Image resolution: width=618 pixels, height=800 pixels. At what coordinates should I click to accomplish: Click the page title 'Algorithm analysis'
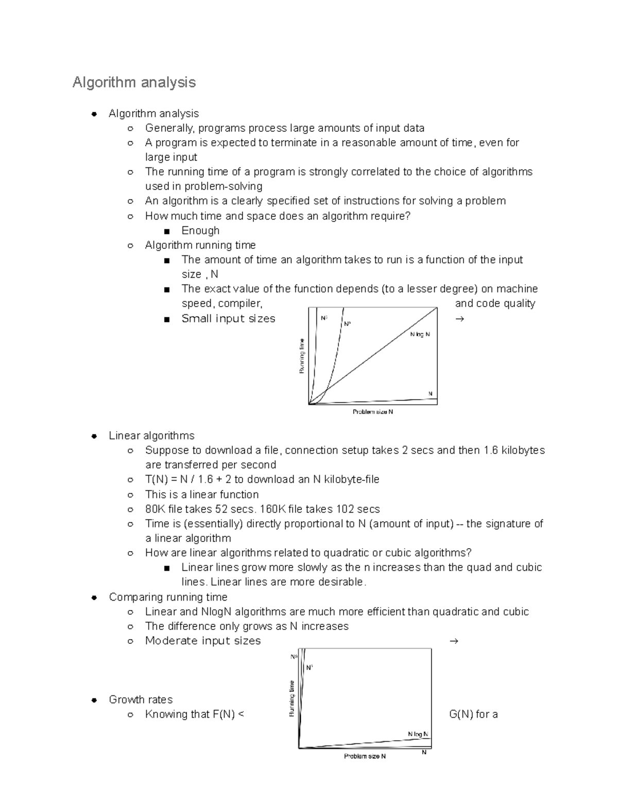point(134,82)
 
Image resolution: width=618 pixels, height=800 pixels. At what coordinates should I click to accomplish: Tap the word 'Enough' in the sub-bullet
point(200,230)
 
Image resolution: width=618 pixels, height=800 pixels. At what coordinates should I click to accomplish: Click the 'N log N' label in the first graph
point(420,334)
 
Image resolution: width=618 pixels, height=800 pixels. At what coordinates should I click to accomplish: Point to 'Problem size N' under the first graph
point(373,412)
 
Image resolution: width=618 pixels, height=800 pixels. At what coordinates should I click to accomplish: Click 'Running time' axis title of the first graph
point(302,356)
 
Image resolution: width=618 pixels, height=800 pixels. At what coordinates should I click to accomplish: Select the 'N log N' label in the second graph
point(418,734)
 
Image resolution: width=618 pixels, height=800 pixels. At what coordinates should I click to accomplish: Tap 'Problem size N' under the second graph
point(365,756)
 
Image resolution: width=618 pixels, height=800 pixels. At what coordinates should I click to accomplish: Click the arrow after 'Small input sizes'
point(459,319)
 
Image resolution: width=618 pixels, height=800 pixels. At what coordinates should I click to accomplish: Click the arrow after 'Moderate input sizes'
point(454,641)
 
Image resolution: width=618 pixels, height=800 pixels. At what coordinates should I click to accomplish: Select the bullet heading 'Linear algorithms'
point(151,436)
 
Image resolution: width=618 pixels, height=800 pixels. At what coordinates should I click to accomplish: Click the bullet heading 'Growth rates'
point(141,700)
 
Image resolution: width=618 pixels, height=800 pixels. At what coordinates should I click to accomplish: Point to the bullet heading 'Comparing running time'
point(168,597)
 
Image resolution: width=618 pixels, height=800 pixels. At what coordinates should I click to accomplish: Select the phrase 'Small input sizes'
point(228,319)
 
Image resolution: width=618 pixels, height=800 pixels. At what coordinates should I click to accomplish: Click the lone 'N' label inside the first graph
point(431,394)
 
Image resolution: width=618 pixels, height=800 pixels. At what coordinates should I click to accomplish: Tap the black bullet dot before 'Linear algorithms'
point(94,436)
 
